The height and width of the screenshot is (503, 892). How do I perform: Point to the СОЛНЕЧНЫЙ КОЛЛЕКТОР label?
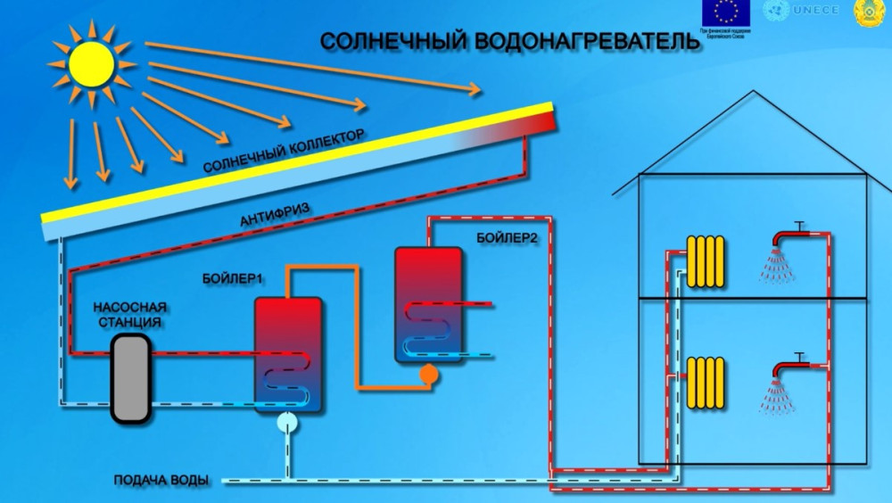tap(285, 151)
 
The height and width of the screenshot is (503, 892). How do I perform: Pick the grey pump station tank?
tap(130, 378)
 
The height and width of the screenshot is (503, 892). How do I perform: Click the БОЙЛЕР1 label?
tap(230, 279)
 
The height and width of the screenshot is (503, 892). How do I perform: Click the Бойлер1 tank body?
tap(286, 354)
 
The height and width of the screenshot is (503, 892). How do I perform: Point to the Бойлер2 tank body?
tap(428, 303)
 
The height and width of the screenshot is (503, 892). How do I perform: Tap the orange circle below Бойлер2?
tap(428, 375)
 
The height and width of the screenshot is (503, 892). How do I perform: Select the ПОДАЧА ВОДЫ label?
tap(161, 481)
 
